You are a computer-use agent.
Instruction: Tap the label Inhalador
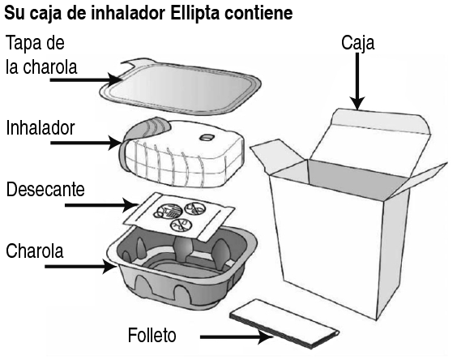pyautogui.click(x=41, y=128)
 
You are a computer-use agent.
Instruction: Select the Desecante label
pyautogui.click(x=45, y=190)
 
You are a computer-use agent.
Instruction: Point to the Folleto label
pyautogui.click(x=152, y=335)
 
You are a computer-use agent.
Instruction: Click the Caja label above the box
pyautogui.click(x=358, y=43)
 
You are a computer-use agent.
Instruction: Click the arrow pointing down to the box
pyautogui.click(x=357, y=81)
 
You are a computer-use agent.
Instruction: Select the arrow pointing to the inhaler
pyautogui.click(x=86, y=143)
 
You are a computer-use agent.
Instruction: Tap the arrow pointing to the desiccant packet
pyautogui.click(x=101, y=205)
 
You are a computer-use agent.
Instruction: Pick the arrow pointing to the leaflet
pyautogui.click(x=237, y=337)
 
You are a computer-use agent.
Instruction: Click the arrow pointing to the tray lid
pyautogui.click(x=86, y=79)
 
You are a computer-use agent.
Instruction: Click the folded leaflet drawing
pyautogui.click(x=284, y=324)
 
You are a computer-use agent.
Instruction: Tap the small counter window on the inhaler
pyautogui.click(x=207, y=137)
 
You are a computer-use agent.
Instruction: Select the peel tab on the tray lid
pyautogui.click(x=136, y=64)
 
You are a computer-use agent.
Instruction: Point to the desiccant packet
pyautogui.click(x=179, y=216)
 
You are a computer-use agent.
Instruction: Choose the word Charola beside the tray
pyautogui.click(x=34, y=251)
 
